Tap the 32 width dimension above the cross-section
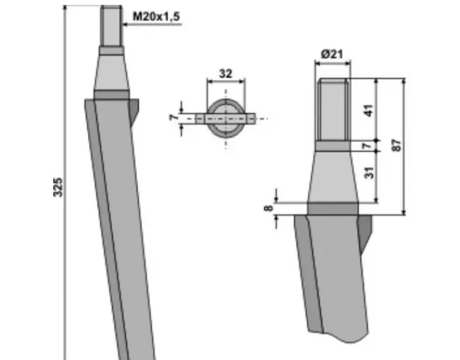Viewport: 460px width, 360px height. click(226, 73)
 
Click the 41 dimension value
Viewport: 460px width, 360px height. click(370, 111)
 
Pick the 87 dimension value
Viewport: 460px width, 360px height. click(395, 147)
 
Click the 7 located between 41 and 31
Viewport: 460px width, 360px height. click(370, 146)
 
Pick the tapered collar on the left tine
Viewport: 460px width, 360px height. click(112, 71)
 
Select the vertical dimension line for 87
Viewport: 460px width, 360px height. click(404, 147)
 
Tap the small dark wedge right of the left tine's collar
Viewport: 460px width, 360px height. click(135, 108)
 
